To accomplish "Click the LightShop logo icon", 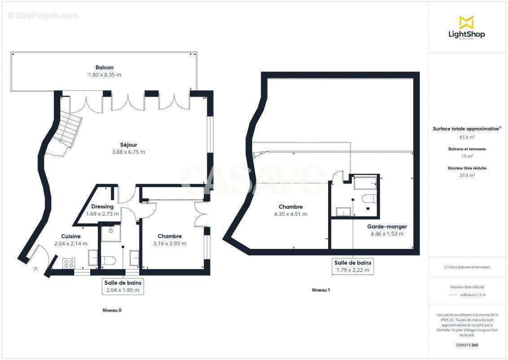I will pos(466,22).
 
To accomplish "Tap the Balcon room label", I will pos(104,67).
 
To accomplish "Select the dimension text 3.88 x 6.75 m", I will pos(129,152).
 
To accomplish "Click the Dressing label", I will pos(102,207).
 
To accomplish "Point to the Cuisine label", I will pos(71,236).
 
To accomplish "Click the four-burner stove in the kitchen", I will pos(69,263).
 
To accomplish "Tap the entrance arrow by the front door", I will pos(35,270).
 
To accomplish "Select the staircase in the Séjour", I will pos(68,130).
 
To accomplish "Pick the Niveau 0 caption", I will pos(112,310).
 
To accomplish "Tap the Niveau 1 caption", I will pos(321,290).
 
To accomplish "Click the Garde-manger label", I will pos(387,227).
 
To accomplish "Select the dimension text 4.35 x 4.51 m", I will pos(290,214).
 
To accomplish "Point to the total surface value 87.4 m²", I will pos(467,137).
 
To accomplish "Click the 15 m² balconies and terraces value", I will pos(467,156).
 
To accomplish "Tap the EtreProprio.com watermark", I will pos(43,15).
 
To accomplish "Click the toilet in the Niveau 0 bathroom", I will pos(109,260).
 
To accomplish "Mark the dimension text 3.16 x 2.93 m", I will pos(169,243).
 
